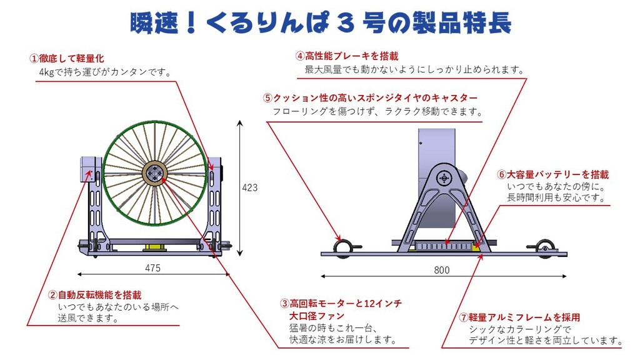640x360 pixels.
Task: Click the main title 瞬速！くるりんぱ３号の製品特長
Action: (321, 23)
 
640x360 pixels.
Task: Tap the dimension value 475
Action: (152, 268)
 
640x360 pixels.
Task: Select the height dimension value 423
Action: (250, 187)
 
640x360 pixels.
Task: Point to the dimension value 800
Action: (442, 270)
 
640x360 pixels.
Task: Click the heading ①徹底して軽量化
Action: (66, 58)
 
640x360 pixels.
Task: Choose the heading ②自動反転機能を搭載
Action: (95, 295)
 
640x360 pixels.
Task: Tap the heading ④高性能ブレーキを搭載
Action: (346, 56)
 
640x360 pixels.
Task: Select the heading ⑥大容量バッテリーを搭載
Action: (552, 175)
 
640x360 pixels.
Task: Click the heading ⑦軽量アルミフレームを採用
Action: (519, 317)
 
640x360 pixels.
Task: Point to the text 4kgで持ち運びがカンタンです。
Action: (105, 72)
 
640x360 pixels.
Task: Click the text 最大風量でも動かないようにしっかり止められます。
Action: (415, 70)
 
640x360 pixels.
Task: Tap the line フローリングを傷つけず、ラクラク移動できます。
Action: (377, 111)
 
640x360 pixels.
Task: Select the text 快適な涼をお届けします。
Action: (343, 339)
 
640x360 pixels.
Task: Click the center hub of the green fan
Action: (155, 174)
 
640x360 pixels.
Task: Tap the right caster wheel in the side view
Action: (545, 247)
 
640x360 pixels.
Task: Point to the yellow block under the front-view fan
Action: (155, 247)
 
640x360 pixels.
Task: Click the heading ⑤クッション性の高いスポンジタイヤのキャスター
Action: (370, 98)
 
